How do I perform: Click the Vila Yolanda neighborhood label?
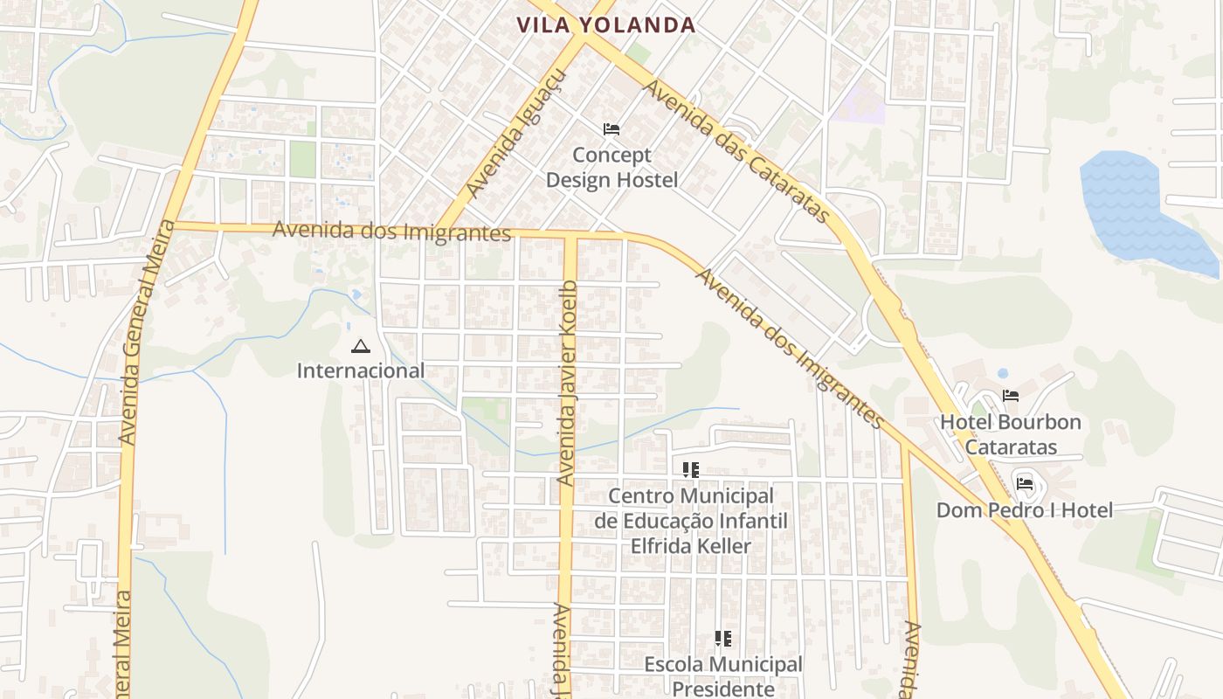pos(605,25)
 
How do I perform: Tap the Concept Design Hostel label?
pos(611,168)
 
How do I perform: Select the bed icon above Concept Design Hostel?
pos(611,129)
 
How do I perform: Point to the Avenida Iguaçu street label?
pos(517,133)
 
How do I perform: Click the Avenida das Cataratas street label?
pos(736,151)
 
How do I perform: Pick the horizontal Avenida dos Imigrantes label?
pos(391,232)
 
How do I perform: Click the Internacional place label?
pos(360,370)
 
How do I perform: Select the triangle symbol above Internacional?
pos(359,347)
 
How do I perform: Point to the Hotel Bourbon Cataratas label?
pos(1011,434)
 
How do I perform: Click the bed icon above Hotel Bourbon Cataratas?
pos(1011,396)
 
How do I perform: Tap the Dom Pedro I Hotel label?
pos(1025,510)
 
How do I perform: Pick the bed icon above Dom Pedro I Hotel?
pos(1025,483)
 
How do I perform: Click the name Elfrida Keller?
pos(690,546)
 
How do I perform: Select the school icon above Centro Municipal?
pos(691,470)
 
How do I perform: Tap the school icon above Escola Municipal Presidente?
pos(722,639)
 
